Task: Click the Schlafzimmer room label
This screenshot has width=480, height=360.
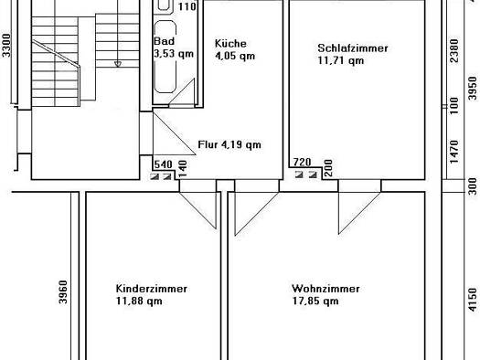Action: (353, 48)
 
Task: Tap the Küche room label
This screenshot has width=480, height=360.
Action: (230, 44)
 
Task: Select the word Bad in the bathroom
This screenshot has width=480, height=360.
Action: (164, 41)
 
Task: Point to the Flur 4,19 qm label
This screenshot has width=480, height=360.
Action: (229, 144)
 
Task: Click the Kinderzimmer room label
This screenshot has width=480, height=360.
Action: (151, 289)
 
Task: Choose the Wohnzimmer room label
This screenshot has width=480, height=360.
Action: (325, 289)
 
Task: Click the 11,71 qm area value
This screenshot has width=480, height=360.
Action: (341, 60)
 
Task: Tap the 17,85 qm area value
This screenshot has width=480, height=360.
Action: (315, 301)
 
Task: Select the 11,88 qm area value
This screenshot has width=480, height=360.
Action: (139, 301)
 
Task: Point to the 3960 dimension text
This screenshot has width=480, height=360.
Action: (63, 292)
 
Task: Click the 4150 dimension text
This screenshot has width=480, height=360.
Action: (473, 300)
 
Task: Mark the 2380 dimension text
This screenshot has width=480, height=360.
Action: (454, 50)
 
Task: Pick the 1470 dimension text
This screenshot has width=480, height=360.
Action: (454, 152)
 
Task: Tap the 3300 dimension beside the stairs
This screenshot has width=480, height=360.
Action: (6, 46)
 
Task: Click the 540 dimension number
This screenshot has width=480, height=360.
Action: (163, 164)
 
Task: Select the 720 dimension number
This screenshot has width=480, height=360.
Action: (302, 162)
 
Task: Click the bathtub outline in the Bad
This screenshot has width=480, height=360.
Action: (165, 57)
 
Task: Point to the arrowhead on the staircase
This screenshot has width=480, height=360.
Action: (118, 64)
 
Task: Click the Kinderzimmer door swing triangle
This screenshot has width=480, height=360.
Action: (198, 210)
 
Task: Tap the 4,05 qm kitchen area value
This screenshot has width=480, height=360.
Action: (235, 56)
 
